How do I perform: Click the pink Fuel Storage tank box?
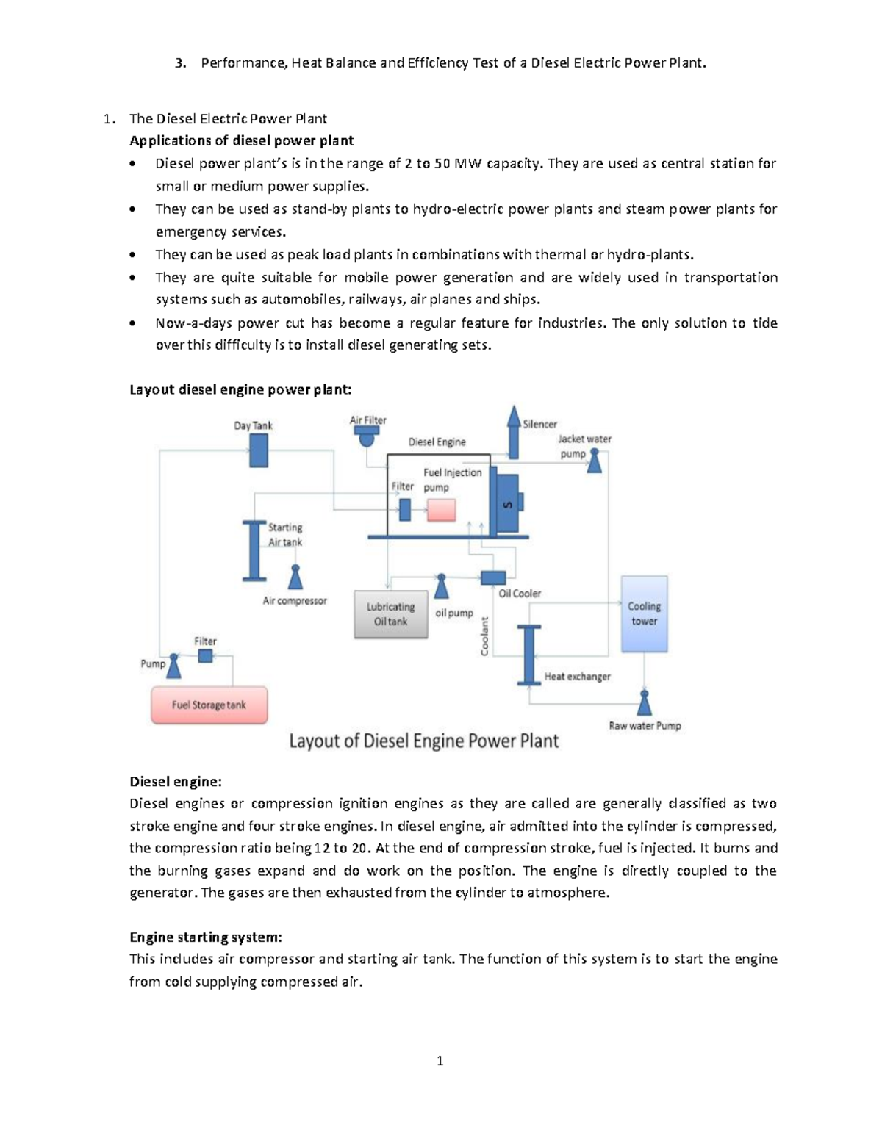pyautogui.click(x=209, y=705)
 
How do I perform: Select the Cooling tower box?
pyautogui.click(x=645, y=614)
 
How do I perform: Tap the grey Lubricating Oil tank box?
pyautogui.click(x=390, y=614)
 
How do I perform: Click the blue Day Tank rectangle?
pyautogui.click(x=258, y=450)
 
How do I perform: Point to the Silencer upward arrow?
pyautogui.click(x=514, y=431)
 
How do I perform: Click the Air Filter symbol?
pyautogui.click(x=365, y=437)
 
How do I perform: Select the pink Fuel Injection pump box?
pyautogui.click(x=441, y=509)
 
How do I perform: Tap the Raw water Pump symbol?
pyautogui.click(x=645, y=702)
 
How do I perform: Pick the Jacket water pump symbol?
pyautogui.click(x=594, y=461)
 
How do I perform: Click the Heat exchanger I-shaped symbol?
pyautogui.click(x=528, y=655)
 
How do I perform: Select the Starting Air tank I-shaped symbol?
pyautogui.click(x=254, y=550)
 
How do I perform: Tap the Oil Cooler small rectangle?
pyautogui.click(x=492, y=578)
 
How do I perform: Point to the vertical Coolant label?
pyautogui.click(x=484, y=636)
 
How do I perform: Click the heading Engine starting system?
pyautogui.click(x=205, y=937)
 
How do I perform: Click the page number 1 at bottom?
pyautogui.click(x=440, y=1060)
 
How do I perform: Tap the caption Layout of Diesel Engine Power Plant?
pyautogui.click(x=423, y=741)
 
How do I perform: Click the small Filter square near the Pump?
pyautogui.click(x=205, y=656)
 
